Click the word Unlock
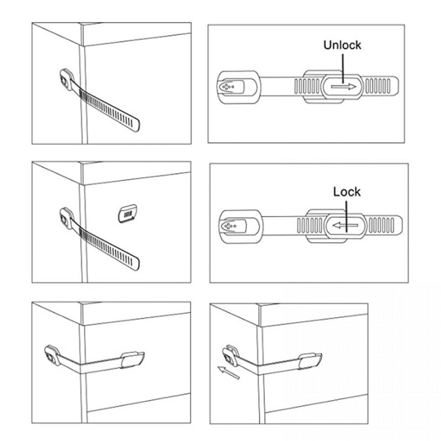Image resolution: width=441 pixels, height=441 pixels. click(x=343, y=45)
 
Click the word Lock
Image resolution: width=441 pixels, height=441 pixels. click(x=347, y=192)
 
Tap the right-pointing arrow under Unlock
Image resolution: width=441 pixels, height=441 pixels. click(x=343, y=87)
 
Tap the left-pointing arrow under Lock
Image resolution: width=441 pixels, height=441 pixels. click(x=345, y=225)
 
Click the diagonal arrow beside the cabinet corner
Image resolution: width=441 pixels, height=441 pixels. click(x=229, y=372)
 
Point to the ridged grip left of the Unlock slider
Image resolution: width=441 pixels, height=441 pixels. click(x=307, y=86)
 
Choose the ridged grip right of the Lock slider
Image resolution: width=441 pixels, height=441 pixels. click(x=381, y=225)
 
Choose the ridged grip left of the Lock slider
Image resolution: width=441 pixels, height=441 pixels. click(x=310, y=225)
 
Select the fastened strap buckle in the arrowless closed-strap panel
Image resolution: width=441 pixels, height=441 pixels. click(x=132, y=360)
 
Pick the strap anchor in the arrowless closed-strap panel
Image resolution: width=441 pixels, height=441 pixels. click(x=52, y=355)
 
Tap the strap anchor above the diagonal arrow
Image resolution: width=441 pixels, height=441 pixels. click(x=230, y=356)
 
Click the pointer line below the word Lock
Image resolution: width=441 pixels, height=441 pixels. click(x=346, y=216)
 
